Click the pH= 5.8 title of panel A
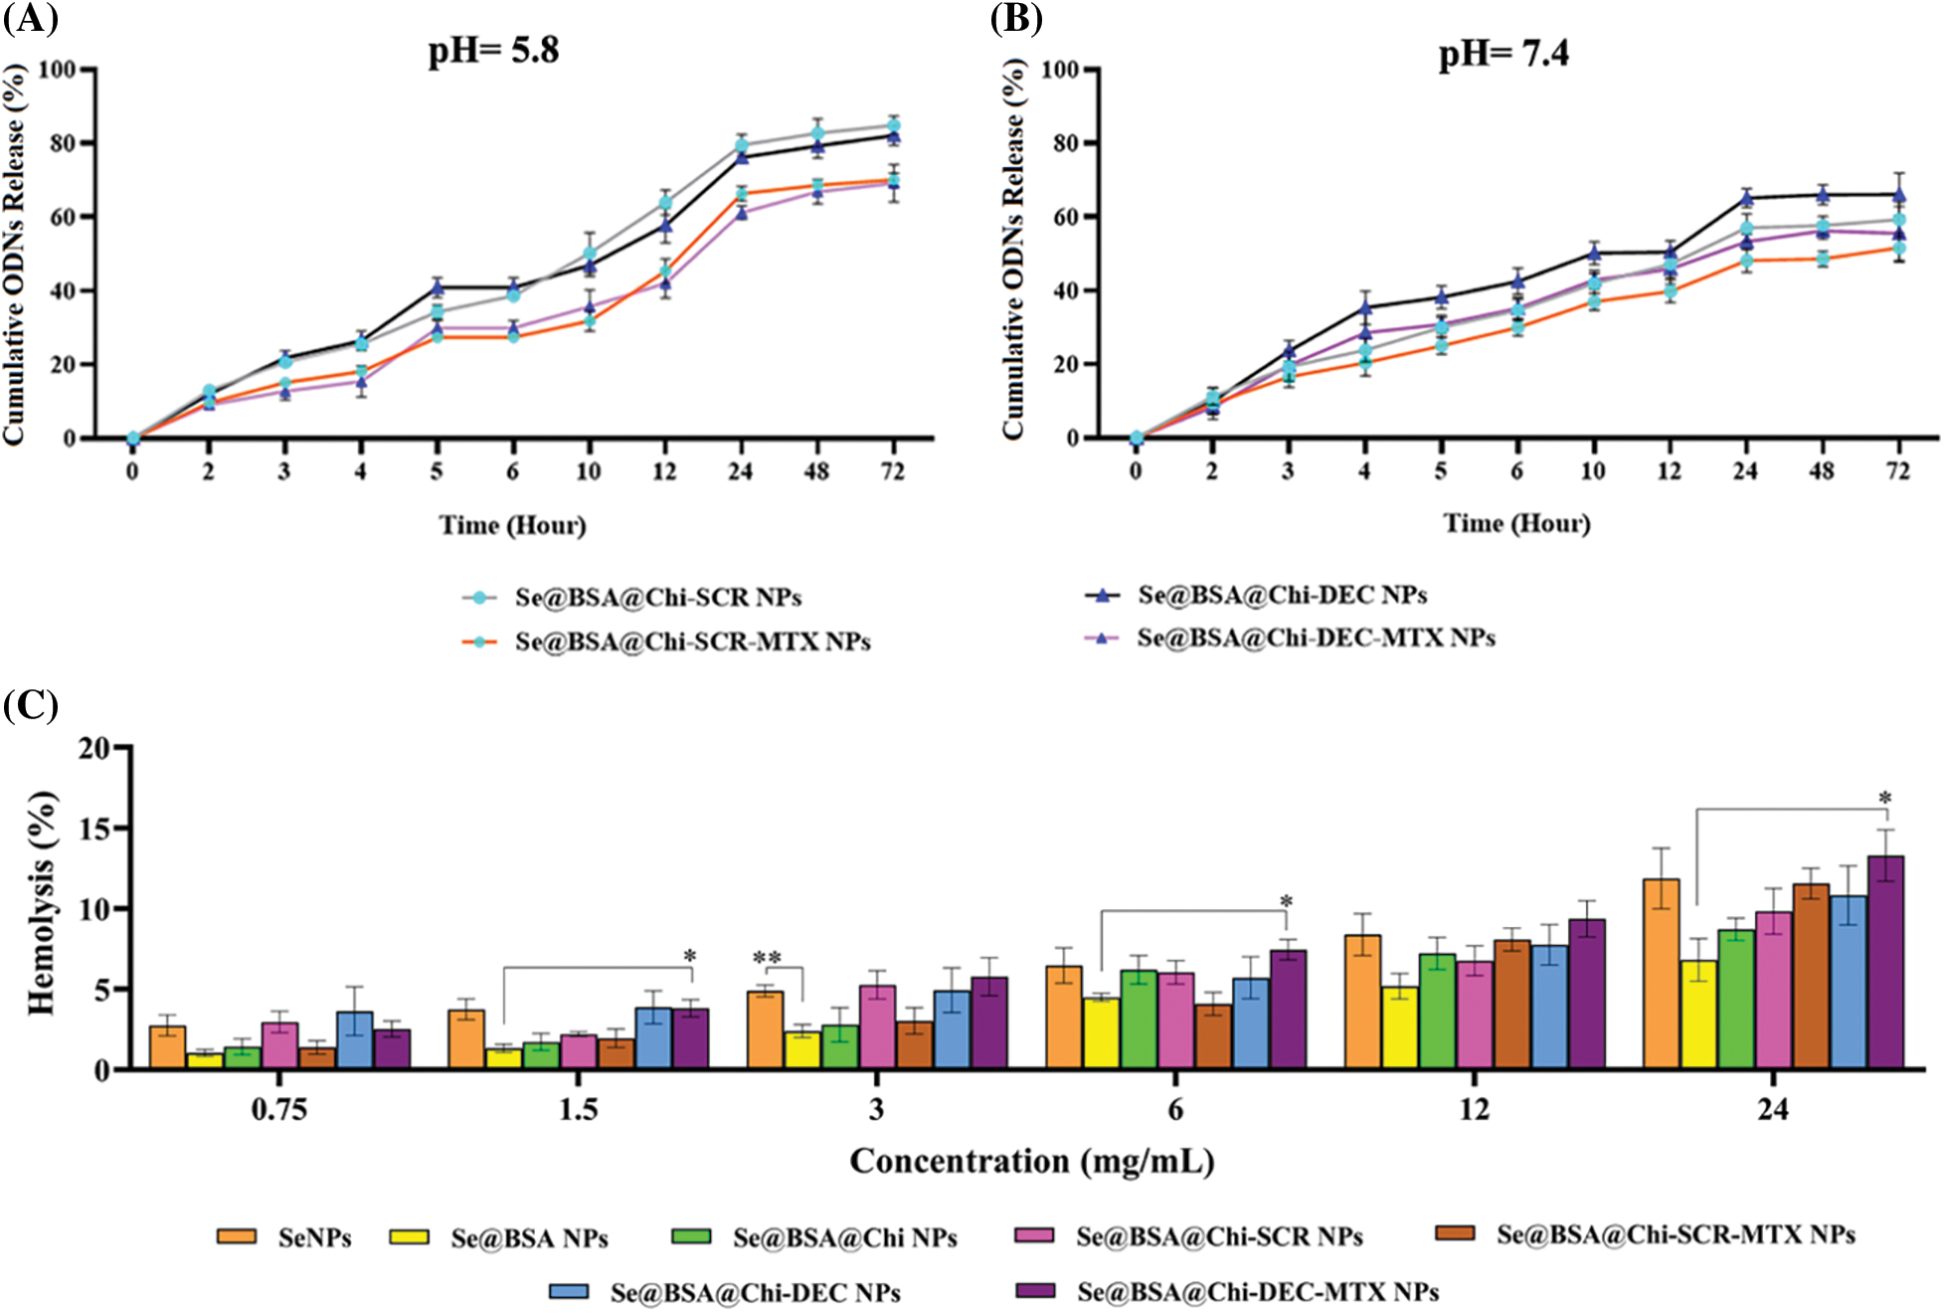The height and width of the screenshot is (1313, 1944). coord(493,50)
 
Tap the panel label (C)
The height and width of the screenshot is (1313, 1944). coord(31,705)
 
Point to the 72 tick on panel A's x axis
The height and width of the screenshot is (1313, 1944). coord(892,470)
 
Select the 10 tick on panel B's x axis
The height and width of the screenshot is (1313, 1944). coord(1592,470)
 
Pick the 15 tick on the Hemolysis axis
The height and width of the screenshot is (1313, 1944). coord(94,828)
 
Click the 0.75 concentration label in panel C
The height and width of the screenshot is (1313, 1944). coord(278,1109)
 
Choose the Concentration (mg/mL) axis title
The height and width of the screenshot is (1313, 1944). coord(1031,1161)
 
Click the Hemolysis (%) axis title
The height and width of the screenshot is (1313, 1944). coord(42,903)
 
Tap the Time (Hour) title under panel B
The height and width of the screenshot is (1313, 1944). coord(1516,523)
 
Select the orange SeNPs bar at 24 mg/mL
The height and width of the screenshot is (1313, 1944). coord(1661,974)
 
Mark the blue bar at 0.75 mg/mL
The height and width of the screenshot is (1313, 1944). coord(355,1040)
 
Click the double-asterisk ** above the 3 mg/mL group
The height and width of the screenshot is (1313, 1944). coord(767,958)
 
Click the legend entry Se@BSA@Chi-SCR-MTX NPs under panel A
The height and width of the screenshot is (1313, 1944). coord(692,643)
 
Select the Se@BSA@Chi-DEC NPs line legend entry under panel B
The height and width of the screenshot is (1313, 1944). coord(1282,596)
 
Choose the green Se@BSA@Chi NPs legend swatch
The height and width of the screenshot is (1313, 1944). coord(691,1236)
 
